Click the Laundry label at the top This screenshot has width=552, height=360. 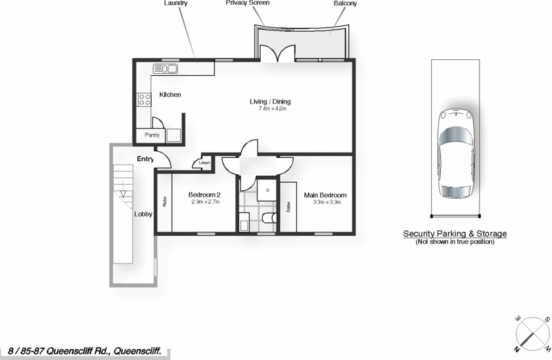175,3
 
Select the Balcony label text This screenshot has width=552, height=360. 345,3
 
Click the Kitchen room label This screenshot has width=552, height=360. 170,94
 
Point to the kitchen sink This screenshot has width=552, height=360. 166,68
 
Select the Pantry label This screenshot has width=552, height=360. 152,136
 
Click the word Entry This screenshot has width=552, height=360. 145,159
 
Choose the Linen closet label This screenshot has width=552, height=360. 205,163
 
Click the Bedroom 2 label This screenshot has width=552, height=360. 204,195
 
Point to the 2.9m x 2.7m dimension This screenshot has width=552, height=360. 205,203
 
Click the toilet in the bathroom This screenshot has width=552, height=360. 270,219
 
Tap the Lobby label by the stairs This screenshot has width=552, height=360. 143,214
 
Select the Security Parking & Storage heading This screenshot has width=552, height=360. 455,234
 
